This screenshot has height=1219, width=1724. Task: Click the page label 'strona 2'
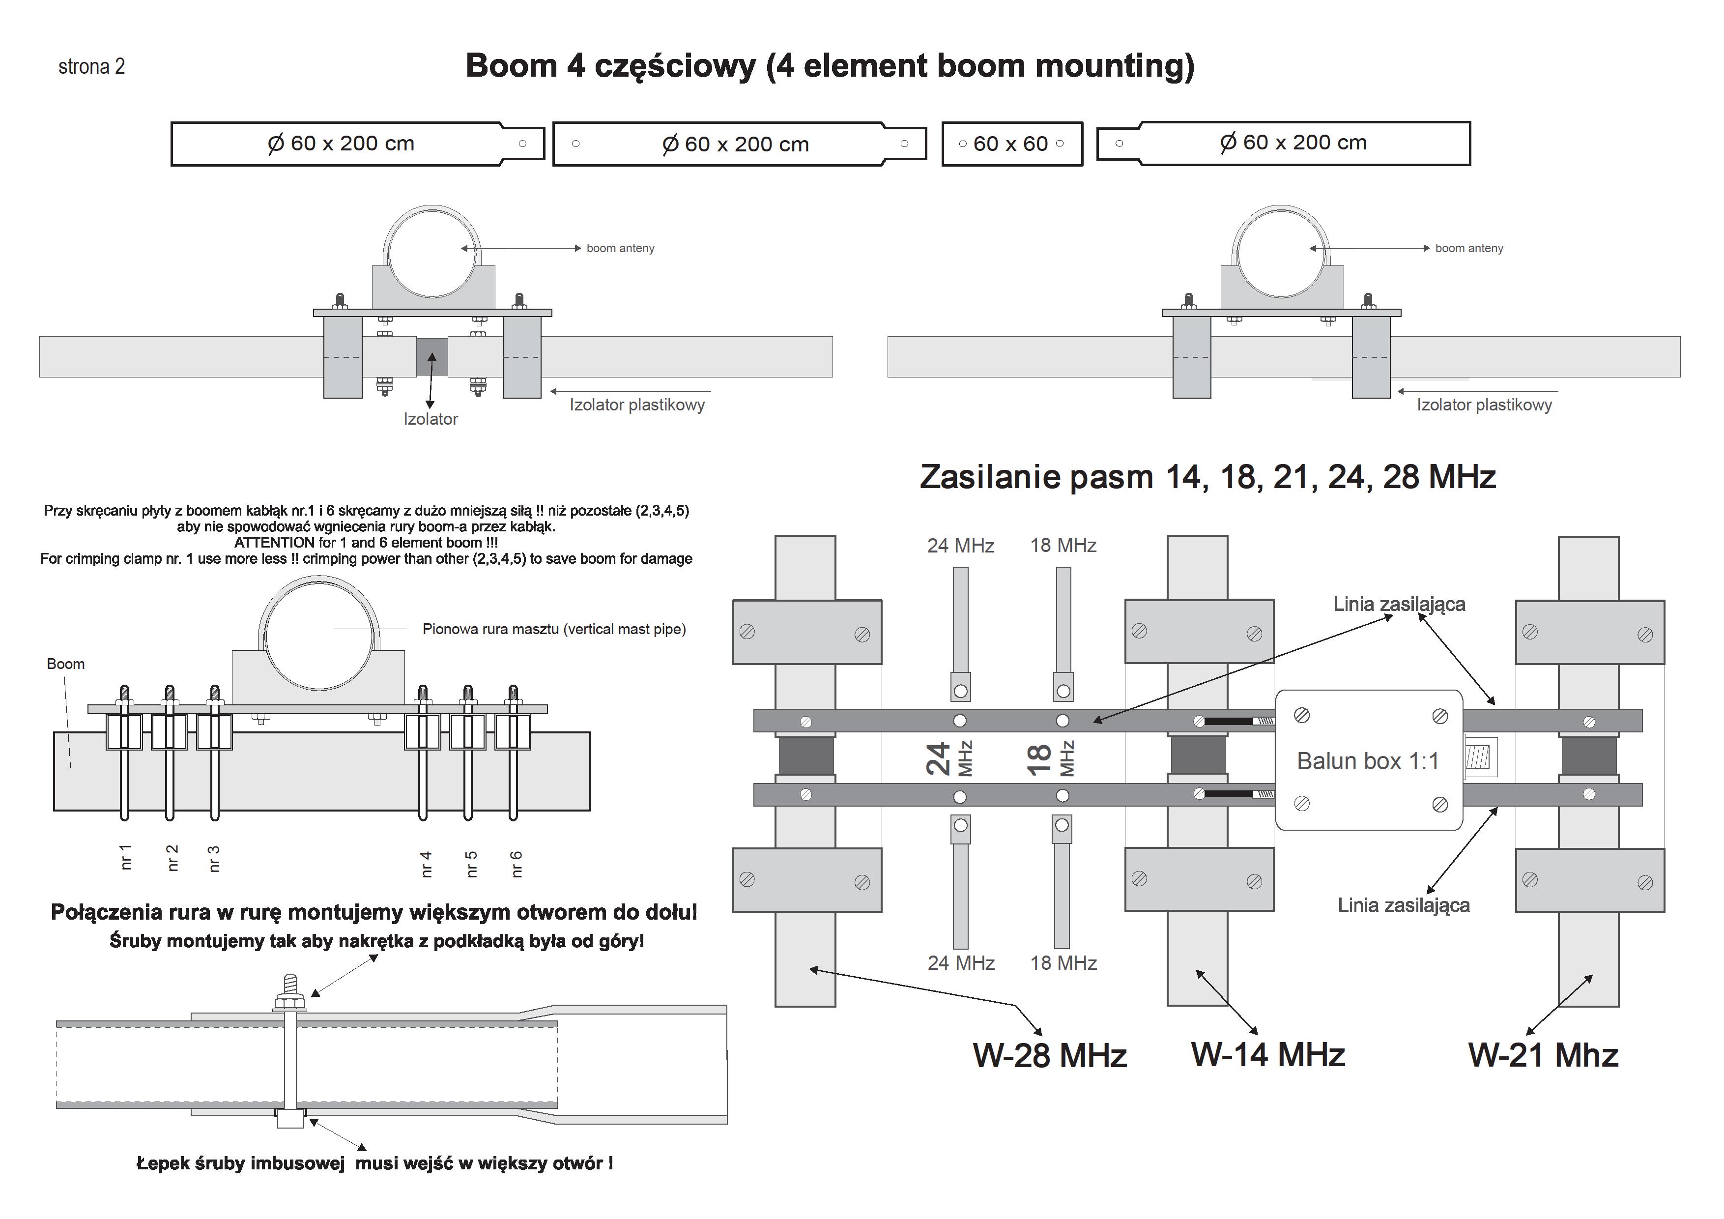[x=91, y=67]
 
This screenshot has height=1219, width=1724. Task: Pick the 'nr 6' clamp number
[x=517, y=864]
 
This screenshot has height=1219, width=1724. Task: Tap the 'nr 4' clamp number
[x=426, y=864]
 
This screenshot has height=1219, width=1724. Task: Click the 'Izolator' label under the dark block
[x=430, y=419]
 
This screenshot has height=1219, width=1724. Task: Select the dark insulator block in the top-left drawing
[x=432, y=357]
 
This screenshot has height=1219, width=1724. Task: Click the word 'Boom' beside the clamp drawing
[x=65, y=664]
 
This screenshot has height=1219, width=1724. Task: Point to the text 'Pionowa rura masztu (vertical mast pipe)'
[x=554, y=629]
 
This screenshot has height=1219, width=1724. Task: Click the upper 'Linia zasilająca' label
[x=1399, y=604]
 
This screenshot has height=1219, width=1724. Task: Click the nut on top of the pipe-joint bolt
[x=290, y=1002]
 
